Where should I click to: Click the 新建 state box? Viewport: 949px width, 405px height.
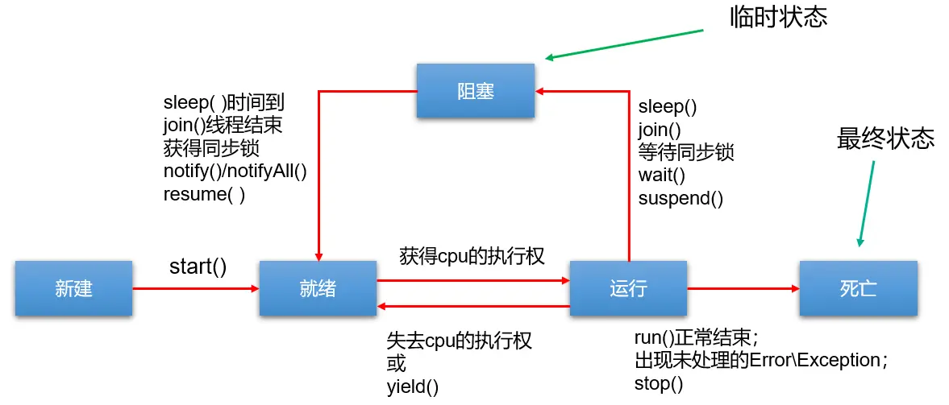pyautogui.click(x=73, y=288)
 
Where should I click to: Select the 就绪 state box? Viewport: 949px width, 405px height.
pyautogui.click(x=318, y=288)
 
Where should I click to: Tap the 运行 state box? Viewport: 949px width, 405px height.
pyautogui.click(x=627, y=288)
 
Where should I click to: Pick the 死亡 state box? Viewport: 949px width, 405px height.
pyautogui.click(x=858, y=288)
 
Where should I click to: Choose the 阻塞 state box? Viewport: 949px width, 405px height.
pyautogui.click(x=475, y=91)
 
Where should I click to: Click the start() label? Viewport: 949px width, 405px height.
pyautogui.click(x=198, y=266)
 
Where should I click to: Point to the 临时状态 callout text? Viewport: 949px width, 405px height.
pyautogui.click(x=778, y=18)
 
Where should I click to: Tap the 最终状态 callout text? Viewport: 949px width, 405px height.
pyautogui.click(x=885, y=139)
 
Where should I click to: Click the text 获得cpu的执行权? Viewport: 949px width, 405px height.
pyautogui.click(x=472, y=257)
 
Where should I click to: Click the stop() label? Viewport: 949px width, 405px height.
pyautogui.click(x=659, y=383)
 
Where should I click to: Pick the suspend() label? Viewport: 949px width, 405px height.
pyautogui.click(x=681, y=197)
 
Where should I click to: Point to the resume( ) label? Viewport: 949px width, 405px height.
pyautogui.click(x=204, y=194)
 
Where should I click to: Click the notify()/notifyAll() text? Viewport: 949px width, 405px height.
pyautogui.click(x=235, y=171)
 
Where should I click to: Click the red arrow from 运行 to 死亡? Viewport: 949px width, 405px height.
pyautogui.click(x=742, y=287)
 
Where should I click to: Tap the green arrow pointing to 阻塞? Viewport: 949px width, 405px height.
pyautogui.click(x=625, y=43)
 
